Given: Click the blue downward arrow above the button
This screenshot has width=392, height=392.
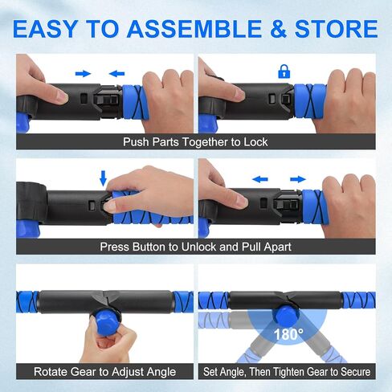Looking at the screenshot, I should point(102,176).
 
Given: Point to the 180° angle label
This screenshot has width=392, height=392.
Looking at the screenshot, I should point(288,332).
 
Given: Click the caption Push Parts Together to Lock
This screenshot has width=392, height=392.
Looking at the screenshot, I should point(195,142).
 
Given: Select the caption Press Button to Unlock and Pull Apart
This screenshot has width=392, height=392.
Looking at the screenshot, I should point(195,247).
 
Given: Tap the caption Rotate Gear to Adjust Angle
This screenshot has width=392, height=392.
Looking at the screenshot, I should point(104,372).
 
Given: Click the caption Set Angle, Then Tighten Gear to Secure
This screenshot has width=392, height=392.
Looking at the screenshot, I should point(287,372).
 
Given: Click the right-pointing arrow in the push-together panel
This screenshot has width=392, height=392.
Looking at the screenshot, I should point(83,73).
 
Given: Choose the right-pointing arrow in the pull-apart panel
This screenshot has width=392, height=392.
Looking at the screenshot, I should point(297,178).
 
